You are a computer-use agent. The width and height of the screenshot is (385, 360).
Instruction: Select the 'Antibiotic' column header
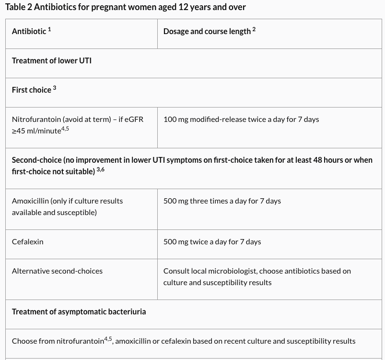point(29,31)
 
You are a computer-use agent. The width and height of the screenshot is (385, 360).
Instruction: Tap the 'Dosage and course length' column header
point(207,31)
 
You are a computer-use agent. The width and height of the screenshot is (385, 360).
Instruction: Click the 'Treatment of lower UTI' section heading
point(51,60)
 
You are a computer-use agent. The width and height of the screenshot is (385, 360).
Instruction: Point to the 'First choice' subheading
point(31,90)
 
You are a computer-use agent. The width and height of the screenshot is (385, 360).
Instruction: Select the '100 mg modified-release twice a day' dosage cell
point(241,119)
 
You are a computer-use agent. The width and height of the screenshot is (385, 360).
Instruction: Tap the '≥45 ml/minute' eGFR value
point(36,131)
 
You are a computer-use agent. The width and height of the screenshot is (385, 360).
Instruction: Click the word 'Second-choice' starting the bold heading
point(36,160)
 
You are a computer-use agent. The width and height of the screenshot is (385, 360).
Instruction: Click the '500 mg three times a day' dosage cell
point(222,201)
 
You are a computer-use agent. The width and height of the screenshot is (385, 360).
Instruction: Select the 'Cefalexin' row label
point(27,241)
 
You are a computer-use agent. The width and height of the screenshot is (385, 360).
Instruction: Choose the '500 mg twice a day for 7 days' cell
point(212,241)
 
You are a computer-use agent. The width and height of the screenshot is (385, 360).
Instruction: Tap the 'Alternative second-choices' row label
point(57,271)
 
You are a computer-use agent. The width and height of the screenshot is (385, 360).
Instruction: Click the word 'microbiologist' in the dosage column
point(231,271)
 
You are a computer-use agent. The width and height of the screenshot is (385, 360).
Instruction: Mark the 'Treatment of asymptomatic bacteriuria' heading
point(79,312)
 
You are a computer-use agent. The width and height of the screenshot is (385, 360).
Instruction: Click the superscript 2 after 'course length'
point(254,29)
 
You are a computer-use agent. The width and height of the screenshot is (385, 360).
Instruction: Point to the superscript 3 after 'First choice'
point(55,88)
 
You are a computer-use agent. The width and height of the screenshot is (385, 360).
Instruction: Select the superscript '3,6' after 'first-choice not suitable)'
point(100,169)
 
